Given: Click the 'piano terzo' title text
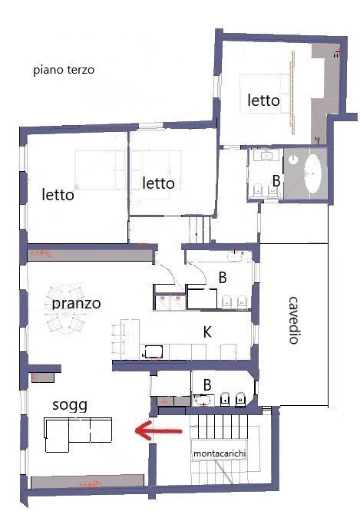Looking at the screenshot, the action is pyautogui.click(x=64, y=70).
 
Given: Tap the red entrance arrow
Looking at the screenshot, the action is pyautogui.click(x=159, y=431).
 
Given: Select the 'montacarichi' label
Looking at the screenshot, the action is pyautogui.click(x=219, y=453).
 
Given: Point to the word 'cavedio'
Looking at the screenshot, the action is pyautogui.click(x=293, y=321).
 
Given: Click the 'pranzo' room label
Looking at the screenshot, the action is pyautogui.click(x=76, y=304).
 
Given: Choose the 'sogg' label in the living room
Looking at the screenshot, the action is pyautogui.click(x=70, y=405).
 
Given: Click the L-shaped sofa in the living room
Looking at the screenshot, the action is pyautogui.click(x=78, y=435).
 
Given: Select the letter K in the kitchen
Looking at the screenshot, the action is pyautogui.click(x=207, y=332).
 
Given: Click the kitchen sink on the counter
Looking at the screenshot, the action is pyautogui.click(x=154, y=351).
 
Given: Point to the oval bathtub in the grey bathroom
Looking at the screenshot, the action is pyautogui.click(x=312, y=174).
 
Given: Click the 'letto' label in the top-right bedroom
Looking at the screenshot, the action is pyautogui.click(x=263, y=100).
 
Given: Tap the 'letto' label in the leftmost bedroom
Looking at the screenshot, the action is pyautogui.click(x=58, y=195).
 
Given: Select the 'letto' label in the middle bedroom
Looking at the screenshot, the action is pyautogui.click(x=158, y=183).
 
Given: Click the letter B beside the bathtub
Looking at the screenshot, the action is pyautogui.click(x=276, y=181).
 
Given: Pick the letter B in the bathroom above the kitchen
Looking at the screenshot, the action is pyautogui.click(x=223, y=278).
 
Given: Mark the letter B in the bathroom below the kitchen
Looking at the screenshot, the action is pyautogui.click(x=207, y=385).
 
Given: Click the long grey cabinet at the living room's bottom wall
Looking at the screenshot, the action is pyautogui.click(x=88, y=481).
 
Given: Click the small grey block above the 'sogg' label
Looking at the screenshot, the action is pyautogui.click(x=43, y=377).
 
